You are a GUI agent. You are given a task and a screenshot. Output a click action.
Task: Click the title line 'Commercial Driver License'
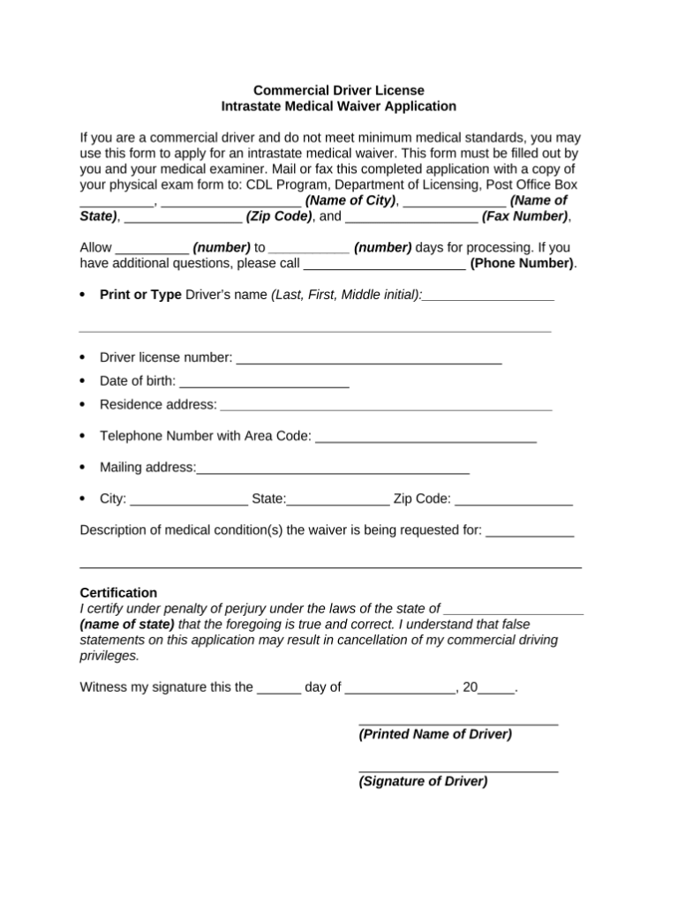[339, 90]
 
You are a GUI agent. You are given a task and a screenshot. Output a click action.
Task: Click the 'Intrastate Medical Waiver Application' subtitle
[339, 106]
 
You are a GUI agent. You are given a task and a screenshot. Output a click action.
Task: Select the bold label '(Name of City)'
[350, 200]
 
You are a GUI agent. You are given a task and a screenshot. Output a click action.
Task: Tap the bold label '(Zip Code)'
[279, 215]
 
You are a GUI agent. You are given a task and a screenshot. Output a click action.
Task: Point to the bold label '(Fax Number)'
[524, 215]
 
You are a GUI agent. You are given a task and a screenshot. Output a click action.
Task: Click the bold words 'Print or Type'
[140, 294]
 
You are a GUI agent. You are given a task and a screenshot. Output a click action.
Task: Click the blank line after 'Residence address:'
[386, 407]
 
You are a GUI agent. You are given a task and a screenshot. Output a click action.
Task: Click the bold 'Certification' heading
[118, 592]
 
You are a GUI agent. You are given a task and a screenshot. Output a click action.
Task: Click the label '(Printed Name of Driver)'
[435, 733]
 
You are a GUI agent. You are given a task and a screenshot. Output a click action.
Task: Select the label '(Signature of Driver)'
[423, 781]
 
